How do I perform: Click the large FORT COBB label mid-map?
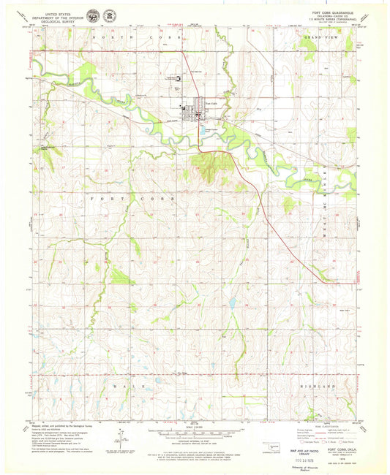pyautogui.click(x=132, y=198)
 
